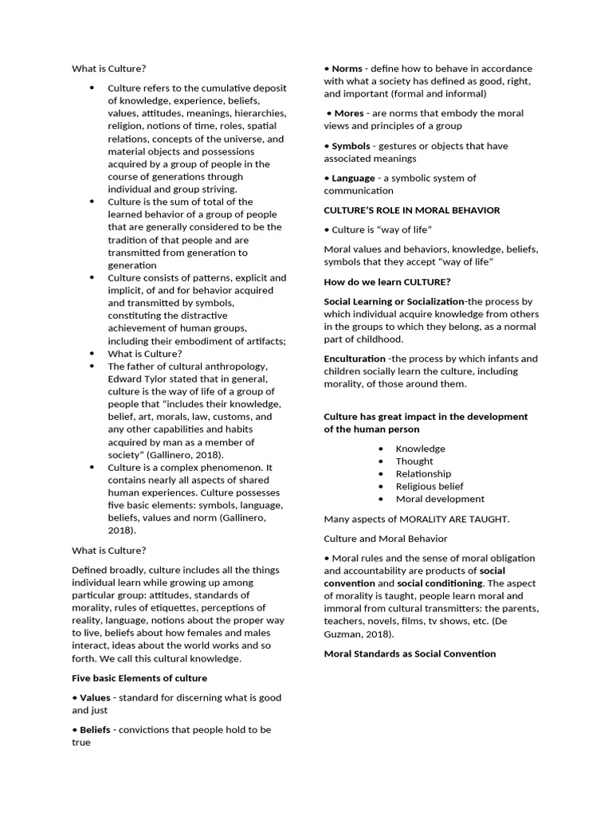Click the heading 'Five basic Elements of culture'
point(139,678)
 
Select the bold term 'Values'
point(95,697)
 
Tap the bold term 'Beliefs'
point(95,729)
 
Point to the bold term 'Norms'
point(347,69)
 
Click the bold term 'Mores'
point(348,113)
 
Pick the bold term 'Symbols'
point(351,146)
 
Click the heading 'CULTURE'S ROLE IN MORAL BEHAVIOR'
point(412,210)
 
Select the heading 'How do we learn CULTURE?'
point(387,282)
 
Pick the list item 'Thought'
point(414,461)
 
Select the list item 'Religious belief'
point(430,486)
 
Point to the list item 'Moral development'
point(440,499)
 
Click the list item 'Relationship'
point(423,473)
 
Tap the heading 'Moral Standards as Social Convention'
point(410,653)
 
